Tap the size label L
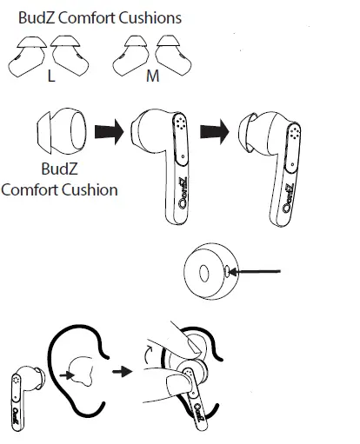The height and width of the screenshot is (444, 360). pos(52,76)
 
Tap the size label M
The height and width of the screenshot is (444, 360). pos(152,76)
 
